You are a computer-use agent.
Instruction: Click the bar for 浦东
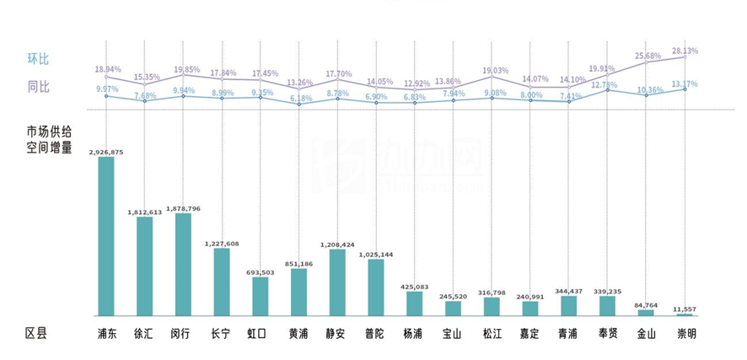click(105, 236)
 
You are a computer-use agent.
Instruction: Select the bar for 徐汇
click(144, 266)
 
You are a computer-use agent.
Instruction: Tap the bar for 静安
click(336, 282)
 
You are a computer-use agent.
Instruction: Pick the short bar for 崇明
click(684, 314)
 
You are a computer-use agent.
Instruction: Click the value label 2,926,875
click(105, 152)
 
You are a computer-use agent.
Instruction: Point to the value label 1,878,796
click(182, 208)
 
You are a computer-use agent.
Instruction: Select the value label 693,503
click(260, 272)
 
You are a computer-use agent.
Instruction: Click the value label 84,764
click(645, 305)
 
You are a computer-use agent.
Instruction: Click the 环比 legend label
click(38, 59)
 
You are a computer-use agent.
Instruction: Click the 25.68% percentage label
click(647, 56)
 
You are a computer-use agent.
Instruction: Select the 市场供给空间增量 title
click(48, 139)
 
